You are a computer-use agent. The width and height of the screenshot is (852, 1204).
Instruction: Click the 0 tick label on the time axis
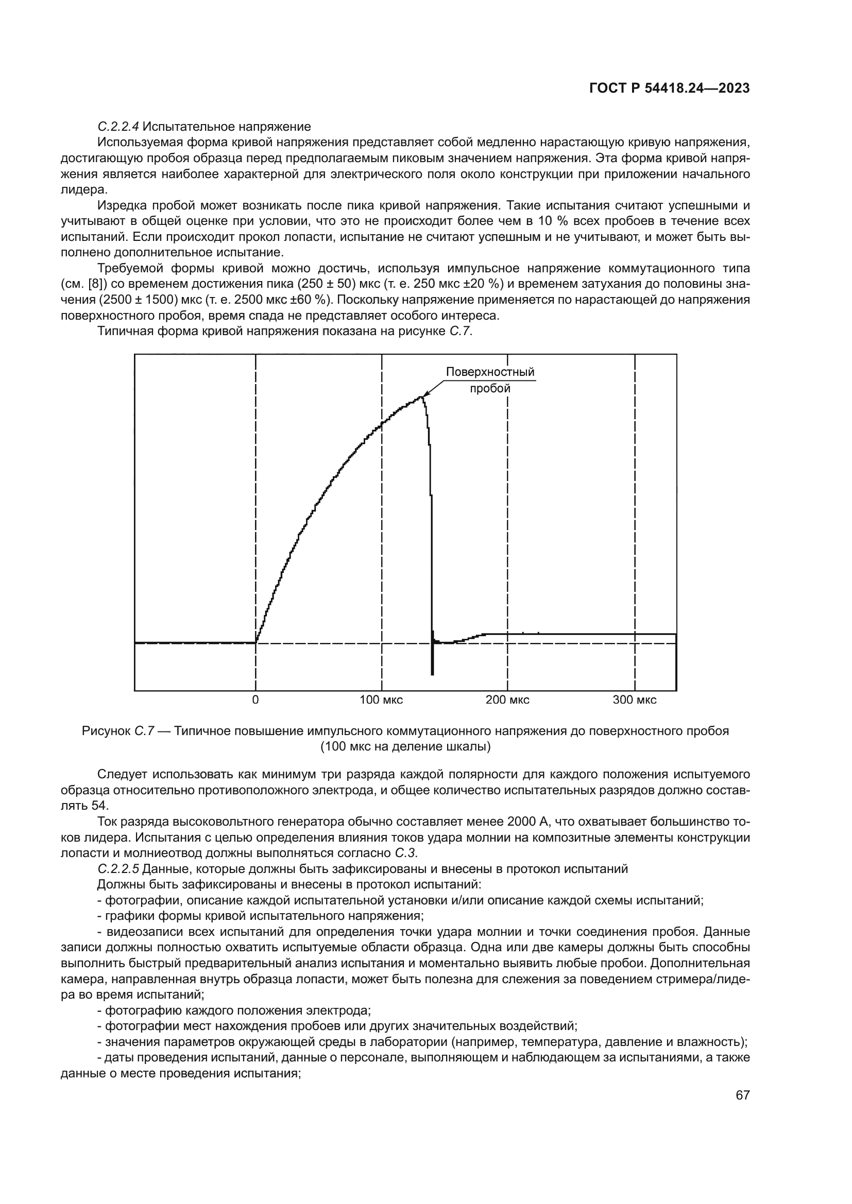tap(255, 700)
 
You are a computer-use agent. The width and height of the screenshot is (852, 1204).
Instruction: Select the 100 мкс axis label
tap(381, 700)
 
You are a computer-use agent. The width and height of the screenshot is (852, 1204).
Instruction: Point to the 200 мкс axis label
tap(507, 700)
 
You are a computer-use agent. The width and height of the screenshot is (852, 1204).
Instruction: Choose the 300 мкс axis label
tap(634, 700)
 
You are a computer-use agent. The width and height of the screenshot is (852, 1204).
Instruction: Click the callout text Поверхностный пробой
tap(490, 380)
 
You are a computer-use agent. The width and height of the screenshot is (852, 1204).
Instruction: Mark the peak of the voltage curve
tap(421, 397)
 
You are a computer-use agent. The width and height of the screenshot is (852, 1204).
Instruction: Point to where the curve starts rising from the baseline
tap(256, 641)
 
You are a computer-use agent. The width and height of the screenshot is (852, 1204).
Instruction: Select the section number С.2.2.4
tap(118, 127)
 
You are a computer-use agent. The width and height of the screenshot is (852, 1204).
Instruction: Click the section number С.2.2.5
tap(118, 869)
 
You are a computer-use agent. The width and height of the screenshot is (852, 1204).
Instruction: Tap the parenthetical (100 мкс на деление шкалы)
tap(405, 747)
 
